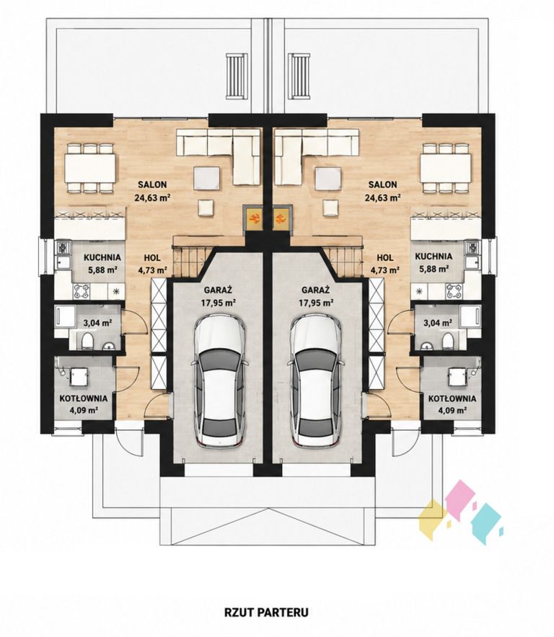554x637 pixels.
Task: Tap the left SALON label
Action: tap(152, 184)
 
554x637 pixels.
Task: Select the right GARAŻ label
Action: tap(315, 290)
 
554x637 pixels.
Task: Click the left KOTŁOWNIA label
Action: tap(84, 398)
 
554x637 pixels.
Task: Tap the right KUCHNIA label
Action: tap(434, 257)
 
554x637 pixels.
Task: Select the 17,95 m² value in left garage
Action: tap(219, 303)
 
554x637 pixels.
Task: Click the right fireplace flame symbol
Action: tap(281, 219)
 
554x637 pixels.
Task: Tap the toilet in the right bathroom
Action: tap(447, 340)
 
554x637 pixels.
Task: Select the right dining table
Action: tap(447, 167)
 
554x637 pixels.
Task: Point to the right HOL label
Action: tap(384, 257)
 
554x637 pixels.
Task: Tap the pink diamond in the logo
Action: tap(460, 496)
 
